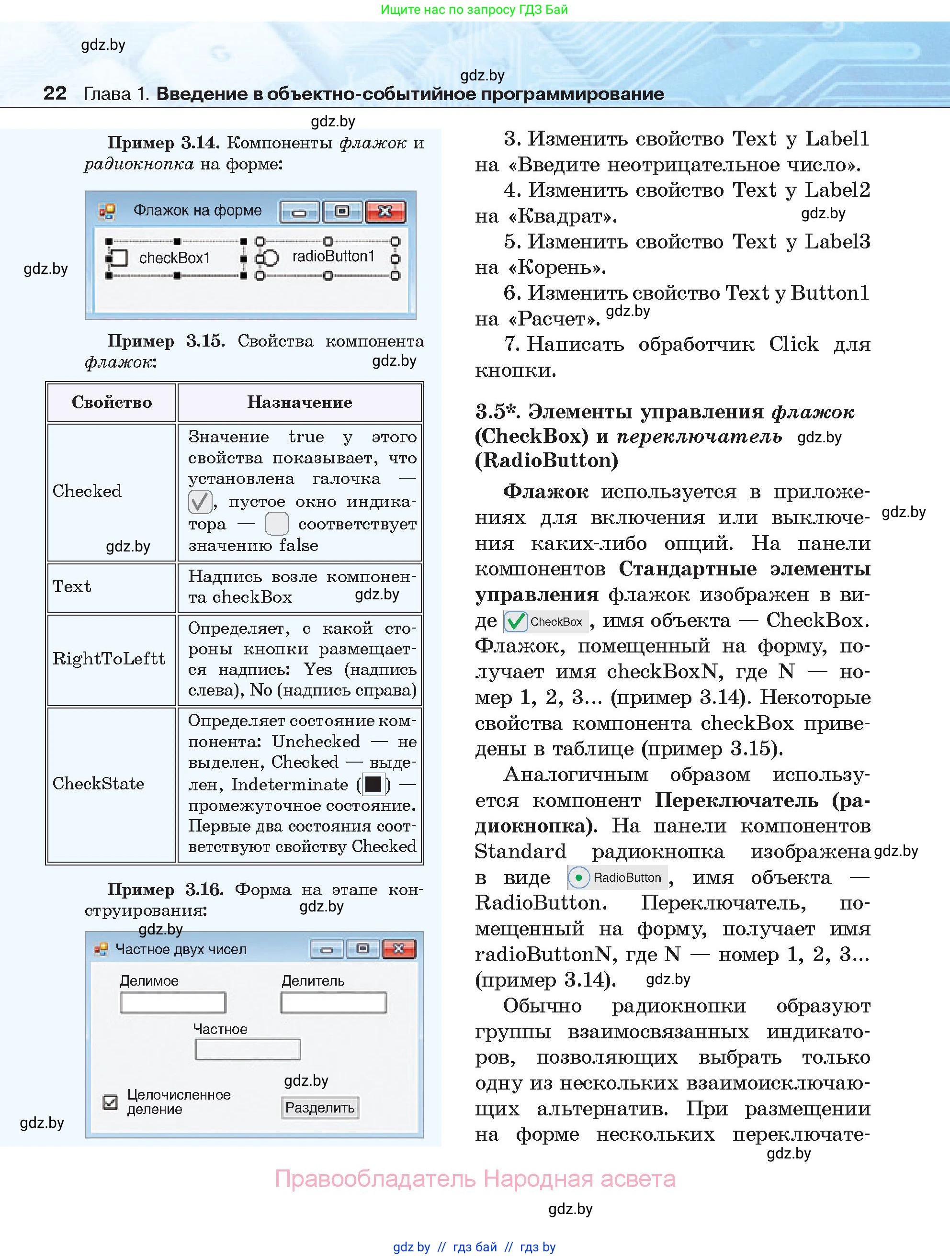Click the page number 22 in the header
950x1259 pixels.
tap(55, 93)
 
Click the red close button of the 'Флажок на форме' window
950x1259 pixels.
tap(385, 212)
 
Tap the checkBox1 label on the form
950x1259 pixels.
tap(174, 259)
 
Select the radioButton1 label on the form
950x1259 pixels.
tap(333, 257)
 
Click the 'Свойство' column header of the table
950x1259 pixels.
tap(112, 403)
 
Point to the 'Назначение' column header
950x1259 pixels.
tap(299, 403)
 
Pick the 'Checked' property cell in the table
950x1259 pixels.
tap(87, 491)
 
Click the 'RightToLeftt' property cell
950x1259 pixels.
tap(109, 659)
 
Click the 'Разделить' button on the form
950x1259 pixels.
tap(320, 1108)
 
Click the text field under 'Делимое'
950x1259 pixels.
tap(172, 1003)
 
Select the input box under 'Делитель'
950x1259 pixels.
tap(334, 1003)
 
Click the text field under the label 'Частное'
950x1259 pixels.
tap(248, 1049)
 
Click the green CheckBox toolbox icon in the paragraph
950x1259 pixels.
tap(516, 621)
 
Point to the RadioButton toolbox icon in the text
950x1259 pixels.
tap(579, 877)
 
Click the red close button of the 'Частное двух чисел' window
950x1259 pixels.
tap(398, 949)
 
